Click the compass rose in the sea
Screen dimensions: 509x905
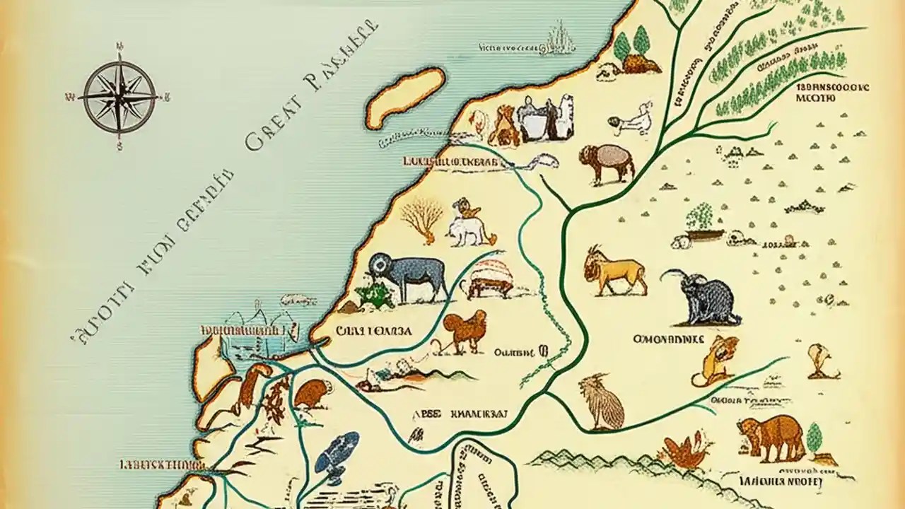(x=119, y=97)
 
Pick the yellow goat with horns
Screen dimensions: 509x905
(x=614, y=271)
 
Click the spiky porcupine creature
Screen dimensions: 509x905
(x=601, y=403)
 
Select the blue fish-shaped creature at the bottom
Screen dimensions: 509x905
(x=337, y=452)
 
